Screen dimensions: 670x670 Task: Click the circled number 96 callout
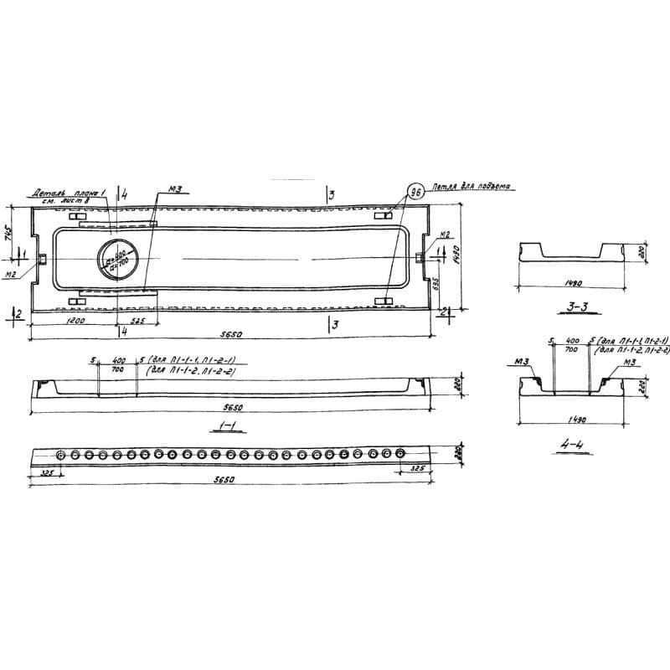tap(414, 191)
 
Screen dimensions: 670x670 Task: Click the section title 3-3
tap(574, 307)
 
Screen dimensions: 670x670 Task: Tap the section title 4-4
tap(575, 446)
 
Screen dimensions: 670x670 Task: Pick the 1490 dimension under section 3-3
tap(571, 283)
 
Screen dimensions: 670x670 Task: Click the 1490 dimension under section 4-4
tap(573, 420)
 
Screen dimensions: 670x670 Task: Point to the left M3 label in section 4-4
tap(521, 363)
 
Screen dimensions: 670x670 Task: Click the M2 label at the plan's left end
tap(11, 273)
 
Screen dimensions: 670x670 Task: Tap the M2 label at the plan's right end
tap(446, 234)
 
